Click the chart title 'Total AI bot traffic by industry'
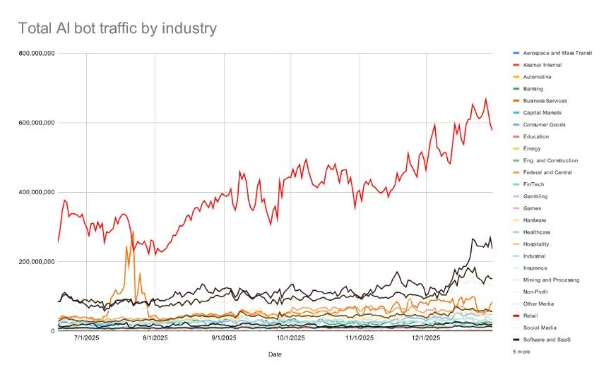117,29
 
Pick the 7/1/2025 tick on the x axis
86,338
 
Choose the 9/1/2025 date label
223,338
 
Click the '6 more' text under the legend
522,351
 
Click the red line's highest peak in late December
485,99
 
